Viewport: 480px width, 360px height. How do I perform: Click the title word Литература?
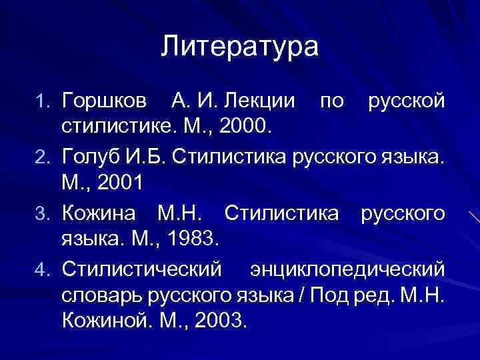tap(240, 47)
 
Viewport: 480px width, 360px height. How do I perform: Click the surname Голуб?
tap(90, 157)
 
